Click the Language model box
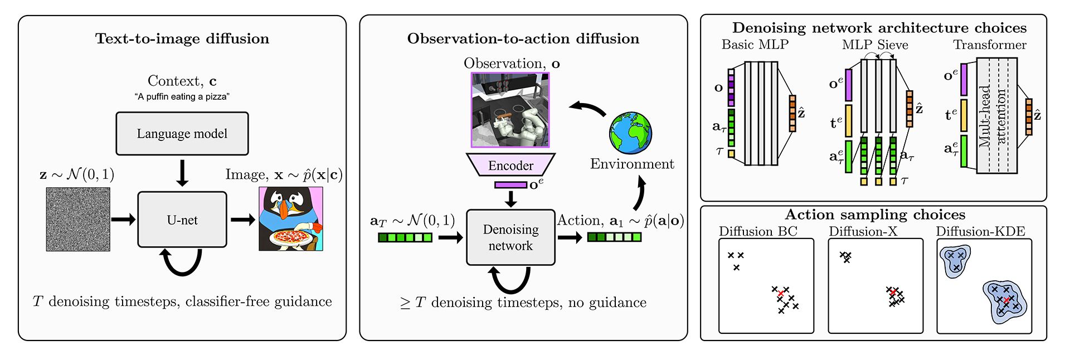tap(182, 134)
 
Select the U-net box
tap(182, 220)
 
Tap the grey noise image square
tap(78, 219)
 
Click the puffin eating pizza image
tap(291, 218)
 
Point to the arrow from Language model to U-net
tap(182, 173)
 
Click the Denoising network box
tap(510, 237)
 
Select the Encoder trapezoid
tap(510, 165)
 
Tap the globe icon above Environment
tap(630, 133)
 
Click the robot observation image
tap(510, 110)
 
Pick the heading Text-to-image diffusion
tap(182, 38)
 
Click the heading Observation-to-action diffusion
tap(523, 38)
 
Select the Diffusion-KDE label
tap(980, 231)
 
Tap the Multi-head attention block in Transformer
tap(997, 115)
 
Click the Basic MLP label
tap(755, 45)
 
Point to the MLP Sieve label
tap(875, 45)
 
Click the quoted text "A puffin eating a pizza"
tap(182, 96)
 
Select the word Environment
tap(632, 164)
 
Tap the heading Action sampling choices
tap(875, 215)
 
